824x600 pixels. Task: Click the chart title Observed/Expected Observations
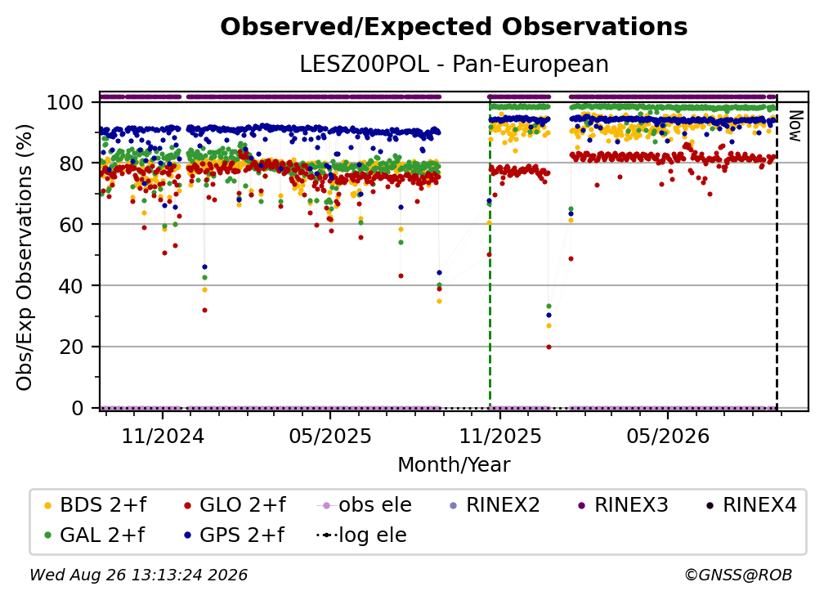pyautogui.click(x=454, y=27)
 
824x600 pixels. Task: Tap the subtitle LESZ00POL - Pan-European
pyautogui.click(x=454, y=64)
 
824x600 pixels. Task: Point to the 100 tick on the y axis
pyautogui.click(x=65, y=102)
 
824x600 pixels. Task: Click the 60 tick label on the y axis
pyautogui.click(x=71, y=225)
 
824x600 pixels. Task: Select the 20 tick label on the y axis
pyautogui.click(x=71, y=347)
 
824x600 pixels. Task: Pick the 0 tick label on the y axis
pyautogui.click(x=78, y=408)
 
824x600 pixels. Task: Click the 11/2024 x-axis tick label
pyautogui.click(x=163, y=436)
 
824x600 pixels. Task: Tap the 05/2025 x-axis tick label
pyautogui.click(x=330, y=436)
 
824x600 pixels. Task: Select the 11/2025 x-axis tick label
pyautogui.click(x=500, y=436)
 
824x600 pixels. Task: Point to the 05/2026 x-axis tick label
pyautogui.click(x=668, y=436)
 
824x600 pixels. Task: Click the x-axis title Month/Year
pyautogui.click(x=454, y=465)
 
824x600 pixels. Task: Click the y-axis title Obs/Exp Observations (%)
pyautogui.click(x=25, y=257)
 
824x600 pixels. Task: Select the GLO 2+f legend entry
pyautogui.click(x=235, y=505)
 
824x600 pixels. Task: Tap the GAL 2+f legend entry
pyautogui.click(x=94, y=535)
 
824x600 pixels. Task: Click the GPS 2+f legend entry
pyautogui.click(x=234, y=535)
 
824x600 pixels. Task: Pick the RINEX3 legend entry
pyautogui.click(x=623, y=505)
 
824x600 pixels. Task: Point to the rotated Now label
pyautogui.click(x=795, y=126)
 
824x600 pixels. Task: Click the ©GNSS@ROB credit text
pyautogui.click(x=738, y=575)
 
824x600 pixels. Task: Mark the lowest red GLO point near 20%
pyautogui.click(x=549, y=347)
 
